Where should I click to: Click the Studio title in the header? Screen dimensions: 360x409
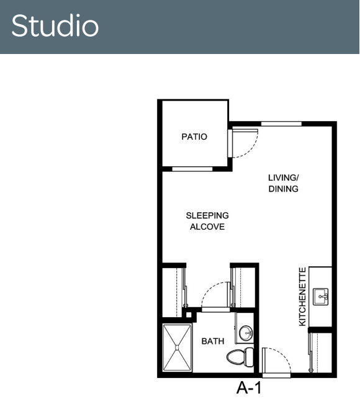[x=55, y=25]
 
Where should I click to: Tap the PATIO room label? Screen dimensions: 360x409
[x=194, y=137]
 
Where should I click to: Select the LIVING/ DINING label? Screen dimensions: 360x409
[x=283, y=183]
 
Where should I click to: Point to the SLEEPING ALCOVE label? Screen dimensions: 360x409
[x=207, y=221]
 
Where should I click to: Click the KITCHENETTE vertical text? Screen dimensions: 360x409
[x=302, y=297]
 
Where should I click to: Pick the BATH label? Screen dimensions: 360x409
[x=213, y=341]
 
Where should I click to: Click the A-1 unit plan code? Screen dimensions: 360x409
[x=249, y=388]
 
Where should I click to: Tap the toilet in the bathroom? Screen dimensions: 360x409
[x=240, y=357]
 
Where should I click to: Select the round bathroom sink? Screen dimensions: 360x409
[x=246, y=333]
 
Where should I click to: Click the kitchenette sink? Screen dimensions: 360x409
[x=321, y=297]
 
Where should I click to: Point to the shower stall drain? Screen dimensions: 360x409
[x=177, y=348]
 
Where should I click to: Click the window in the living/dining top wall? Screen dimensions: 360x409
[x=281, y=124]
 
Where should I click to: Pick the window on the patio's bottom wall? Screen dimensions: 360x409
[x=192, y=169]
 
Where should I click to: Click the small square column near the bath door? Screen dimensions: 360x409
[x=189, y=315]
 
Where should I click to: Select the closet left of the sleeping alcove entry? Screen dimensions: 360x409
[x=172, y=292]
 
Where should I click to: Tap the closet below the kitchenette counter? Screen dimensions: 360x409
[x=320, y=353]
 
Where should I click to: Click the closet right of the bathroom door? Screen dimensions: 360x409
[x=243, y=287]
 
